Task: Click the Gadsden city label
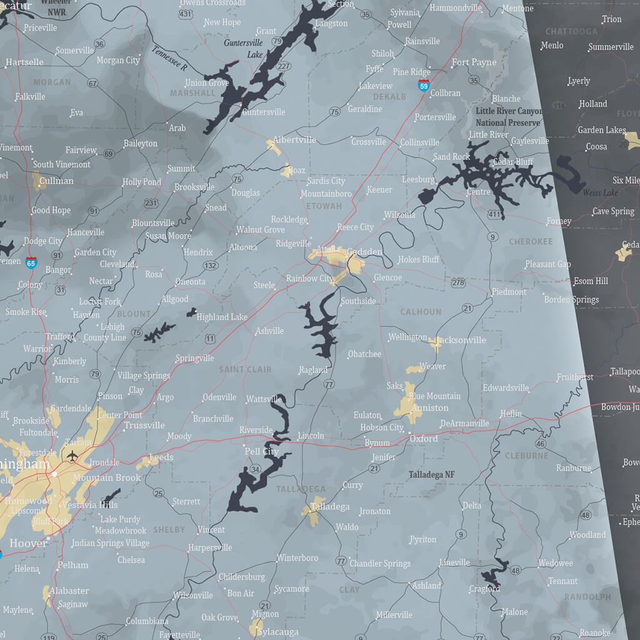[x=366, y=251]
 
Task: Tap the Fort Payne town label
[x=474, y=62]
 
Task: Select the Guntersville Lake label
[x=245, y=49]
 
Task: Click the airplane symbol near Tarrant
[x=72, y=455]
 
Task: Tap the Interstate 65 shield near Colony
[x=31, y=263]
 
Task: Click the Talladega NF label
[x=431, y=475]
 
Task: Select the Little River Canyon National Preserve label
[x=508, y=117]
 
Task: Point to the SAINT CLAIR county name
[x=245, y=369]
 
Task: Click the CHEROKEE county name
[x=531, y=241]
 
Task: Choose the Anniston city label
[x=430, y=407]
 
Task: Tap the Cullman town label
[x=56, y=181]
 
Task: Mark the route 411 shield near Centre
[x=494, y=215]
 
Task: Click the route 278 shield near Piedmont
[x=459, y=283]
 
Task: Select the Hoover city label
[x=27, y=543]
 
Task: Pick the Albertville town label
[x=294, y=140]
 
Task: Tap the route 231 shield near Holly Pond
[x=151, y=203]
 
